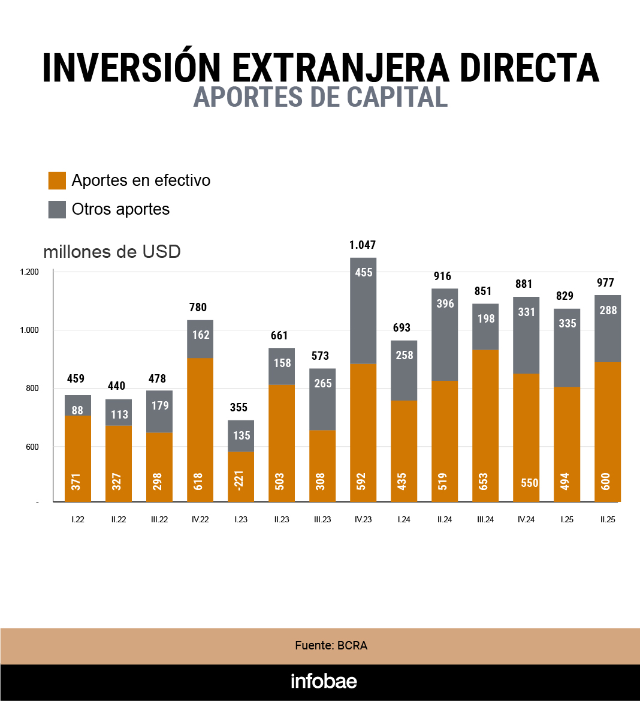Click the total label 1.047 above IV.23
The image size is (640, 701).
pyautogui.click(x=363, y=245)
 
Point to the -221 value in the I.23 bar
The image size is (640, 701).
pyautogui.click(x=241, y=482)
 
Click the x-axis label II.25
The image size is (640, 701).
pyautogui.click(x=608, y=519)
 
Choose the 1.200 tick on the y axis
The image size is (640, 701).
pyautogui.click(x=29, y=272)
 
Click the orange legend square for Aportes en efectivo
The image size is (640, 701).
pyautogui.click(x=57, y=180)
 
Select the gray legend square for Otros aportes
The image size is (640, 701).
pyautogui.click(x=57, y=209)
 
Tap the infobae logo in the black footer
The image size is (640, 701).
pyautogui.click(x=324, y=681)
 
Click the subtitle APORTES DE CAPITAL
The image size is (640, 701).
pyautogui.click(x=321, y=97)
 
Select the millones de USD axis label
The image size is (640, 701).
pyautogui.click(x=112, y=251)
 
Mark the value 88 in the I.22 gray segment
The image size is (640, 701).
pyautogui.click(x=77, y=410)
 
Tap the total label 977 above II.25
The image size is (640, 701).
pyautogui.click(x=606, y=282)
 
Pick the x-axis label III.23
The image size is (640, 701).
pyautogui.click(x=322, y=519)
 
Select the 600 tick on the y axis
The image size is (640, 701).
pyautogui.click(x=32, y=447)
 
